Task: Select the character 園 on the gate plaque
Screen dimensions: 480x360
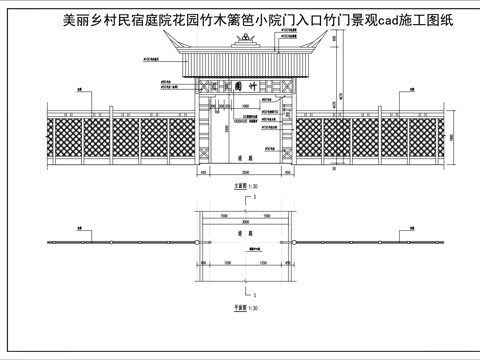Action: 243,88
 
